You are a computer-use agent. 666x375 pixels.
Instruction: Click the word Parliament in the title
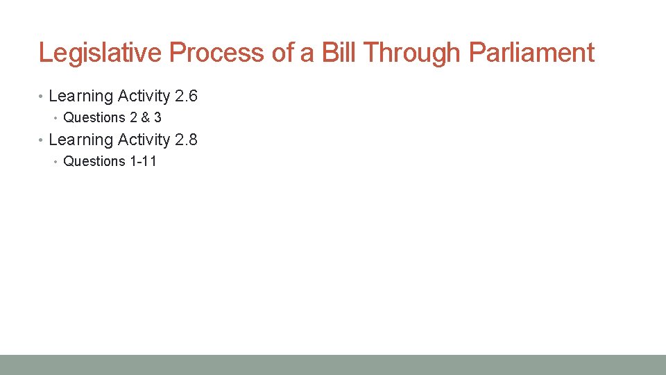click(531, 53)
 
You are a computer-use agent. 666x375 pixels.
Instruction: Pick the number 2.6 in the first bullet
click(186, 96)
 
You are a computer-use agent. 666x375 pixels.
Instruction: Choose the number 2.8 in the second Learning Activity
click(186, 140)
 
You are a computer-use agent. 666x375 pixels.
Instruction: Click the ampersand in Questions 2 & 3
click(144, 117)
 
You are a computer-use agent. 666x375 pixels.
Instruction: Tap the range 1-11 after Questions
click(143, 161)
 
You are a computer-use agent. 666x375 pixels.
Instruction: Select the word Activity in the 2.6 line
click(144, 96)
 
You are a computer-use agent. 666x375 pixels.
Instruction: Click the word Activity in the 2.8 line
click(144, 140)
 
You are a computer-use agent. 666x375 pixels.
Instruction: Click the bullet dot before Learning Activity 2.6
click(42, 97)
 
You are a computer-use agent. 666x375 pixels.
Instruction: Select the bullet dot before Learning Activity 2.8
click(42, 140)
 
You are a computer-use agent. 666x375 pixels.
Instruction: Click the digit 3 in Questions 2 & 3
click(157, 117)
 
